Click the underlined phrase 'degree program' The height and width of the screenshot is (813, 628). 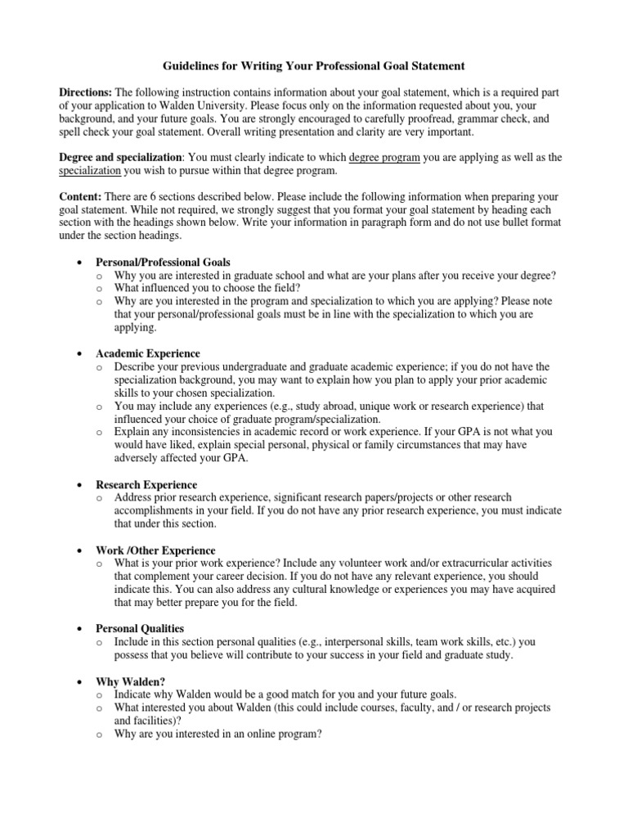pyautogui.click(x=384, y=158)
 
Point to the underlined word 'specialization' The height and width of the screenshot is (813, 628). pyautogui.click(x=90, y=171)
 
